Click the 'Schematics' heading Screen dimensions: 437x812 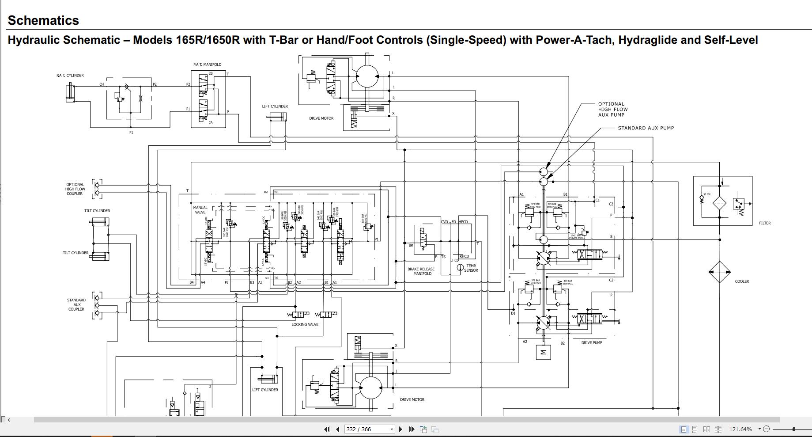43,20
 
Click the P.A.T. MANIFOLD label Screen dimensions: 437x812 207,65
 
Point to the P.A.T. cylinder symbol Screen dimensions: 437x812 70,92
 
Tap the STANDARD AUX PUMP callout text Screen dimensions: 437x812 646,128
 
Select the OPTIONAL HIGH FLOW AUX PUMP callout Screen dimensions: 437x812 612,110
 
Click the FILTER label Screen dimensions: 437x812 764,223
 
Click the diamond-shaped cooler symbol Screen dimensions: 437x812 719,272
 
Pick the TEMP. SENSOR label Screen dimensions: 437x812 471,268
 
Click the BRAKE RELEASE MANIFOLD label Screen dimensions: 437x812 422,271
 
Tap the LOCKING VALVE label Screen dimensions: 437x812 305,324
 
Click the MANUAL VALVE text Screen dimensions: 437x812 200,210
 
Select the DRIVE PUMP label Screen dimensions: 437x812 591,343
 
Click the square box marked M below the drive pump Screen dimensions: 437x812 543,352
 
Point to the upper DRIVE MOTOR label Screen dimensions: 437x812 321,118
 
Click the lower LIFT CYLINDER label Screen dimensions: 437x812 265,390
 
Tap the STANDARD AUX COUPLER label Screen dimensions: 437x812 76,304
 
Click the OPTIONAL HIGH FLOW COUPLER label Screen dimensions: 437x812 75,189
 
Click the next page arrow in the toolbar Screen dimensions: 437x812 400,429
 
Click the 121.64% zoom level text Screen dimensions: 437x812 740,429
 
